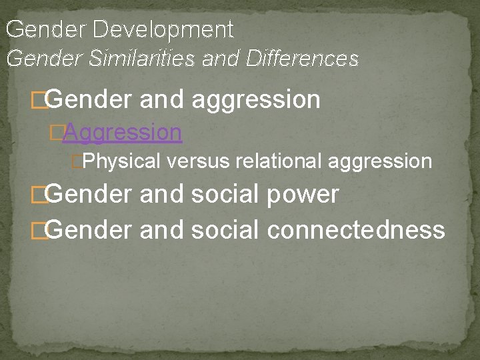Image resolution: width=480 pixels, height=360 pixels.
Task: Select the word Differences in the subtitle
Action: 302,59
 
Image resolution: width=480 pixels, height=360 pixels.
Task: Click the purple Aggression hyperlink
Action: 122,132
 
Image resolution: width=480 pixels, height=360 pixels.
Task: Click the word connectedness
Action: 355,229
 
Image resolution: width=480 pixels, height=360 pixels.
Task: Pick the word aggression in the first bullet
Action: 255,100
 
